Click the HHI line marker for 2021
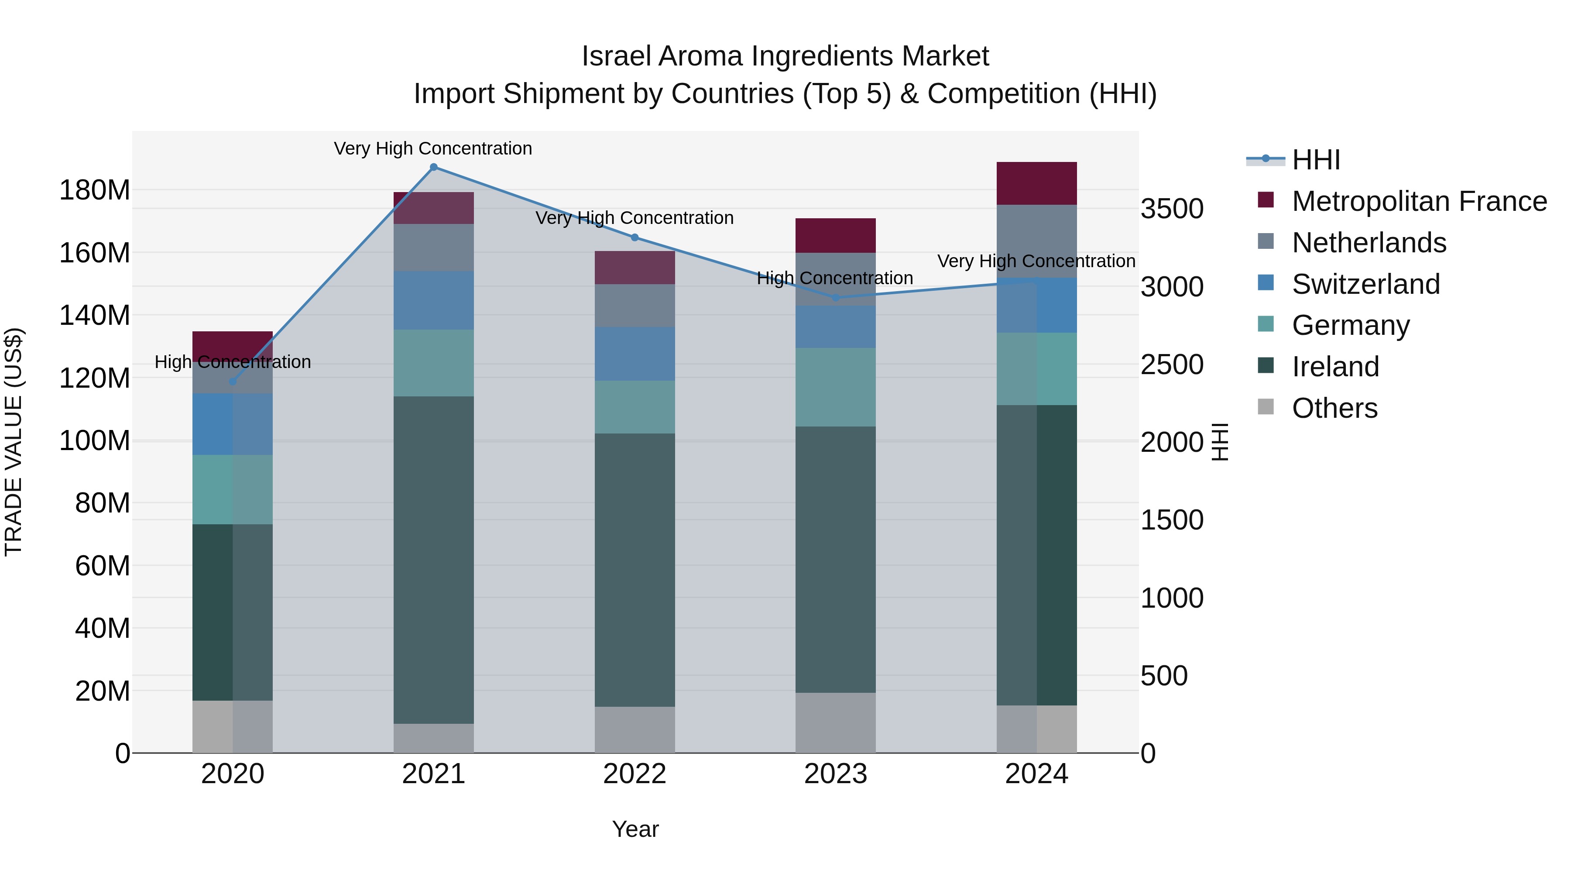(x=434, y=167)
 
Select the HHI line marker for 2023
(x=836, y=298)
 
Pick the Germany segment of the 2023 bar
(x=836, y=387)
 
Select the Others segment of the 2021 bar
(x=434, y=738)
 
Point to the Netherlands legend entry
(x=1369, y=243)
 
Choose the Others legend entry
(x=1334, y=408)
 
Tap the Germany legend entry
(x=1350, y=325)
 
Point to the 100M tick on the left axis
(x=95, y=440)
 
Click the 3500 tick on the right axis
(x=1172, y=209)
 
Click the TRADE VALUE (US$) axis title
(x=14, y=442)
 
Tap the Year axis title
(x=635, y=829)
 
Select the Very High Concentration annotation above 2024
(x=1036, y=261)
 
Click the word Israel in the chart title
(x=616, y=56)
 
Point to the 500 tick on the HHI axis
(x=1163, y=676)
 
